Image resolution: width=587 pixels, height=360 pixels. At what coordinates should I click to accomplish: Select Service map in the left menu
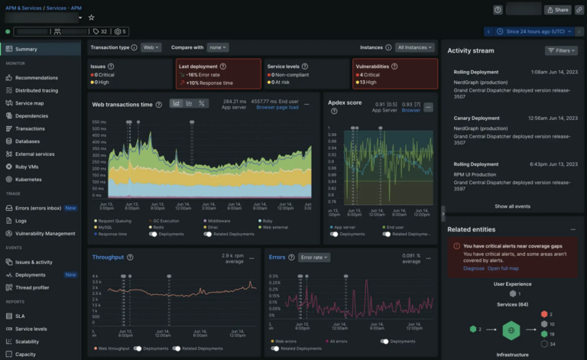coord(29,103)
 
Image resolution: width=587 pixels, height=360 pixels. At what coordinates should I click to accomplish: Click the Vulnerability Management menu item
coord(45,233)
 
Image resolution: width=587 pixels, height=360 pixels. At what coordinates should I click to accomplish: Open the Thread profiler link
coord(32,287)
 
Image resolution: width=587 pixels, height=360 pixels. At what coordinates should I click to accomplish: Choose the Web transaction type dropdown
coord(151,47)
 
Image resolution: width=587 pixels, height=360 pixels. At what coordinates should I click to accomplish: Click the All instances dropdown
coord(413,47)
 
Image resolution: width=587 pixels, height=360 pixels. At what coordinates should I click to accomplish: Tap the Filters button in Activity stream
coord(561,50)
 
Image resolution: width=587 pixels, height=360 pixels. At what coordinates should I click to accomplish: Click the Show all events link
coord(512,206)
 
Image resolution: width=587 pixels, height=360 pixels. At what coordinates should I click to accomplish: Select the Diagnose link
coord(474,268)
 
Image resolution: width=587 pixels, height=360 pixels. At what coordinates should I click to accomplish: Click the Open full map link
coord(504,268)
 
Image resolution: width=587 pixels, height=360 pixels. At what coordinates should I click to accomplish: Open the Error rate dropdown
coord(313,258)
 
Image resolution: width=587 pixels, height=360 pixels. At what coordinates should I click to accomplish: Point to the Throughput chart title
coord(108,258)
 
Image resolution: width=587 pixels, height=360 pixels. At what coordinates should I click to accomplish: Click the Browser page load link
coord(277,108)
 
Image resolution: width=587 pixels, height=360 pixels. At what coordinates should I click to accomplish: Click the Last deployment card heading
coord(197,66)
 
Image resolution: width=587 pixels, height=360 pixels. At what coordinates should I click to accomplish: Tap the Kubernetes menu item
coord(29,179)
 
